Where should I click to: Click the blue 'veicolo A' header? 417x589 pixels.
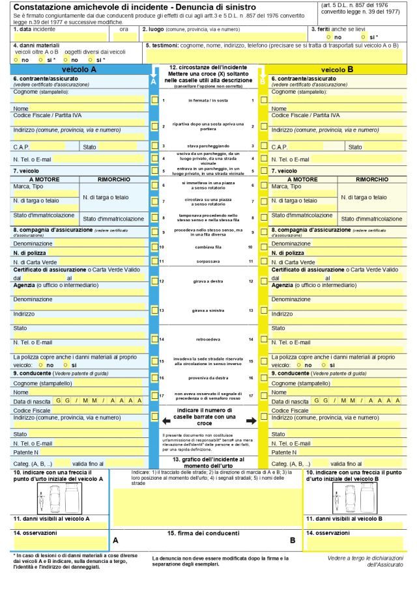tap(78, 69)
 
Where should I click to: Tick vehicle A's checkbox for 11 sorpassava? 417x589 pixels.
tap(154, 262)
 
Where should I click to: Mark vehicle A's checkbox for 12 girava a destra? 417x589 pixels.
tap(154, 281)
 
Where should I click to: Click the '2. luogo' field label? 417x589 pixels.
tap(152, 29)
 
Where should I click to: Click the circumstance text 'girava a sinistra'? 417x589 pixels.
tap(207, 310)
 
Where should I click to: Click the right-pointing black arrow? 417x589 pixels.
tap(251, 420)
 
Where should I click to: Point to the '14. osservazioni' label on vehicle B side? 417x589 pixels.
tap(329, 533)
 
